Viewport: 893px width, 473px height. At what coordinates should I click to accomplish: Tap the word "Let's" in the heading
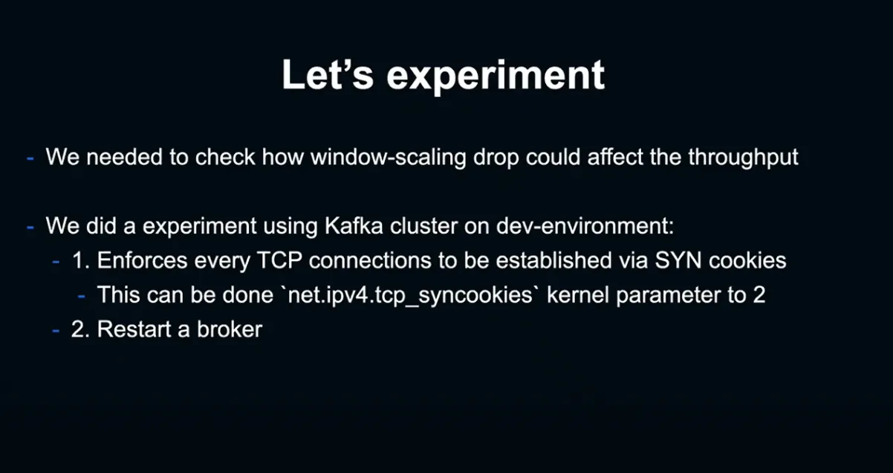[328, 74]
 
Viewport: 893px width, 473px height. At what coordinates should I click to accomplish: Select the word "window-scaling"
[389, 157]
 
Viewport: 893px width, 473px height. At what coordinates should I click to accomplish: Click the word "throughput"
[743, 157]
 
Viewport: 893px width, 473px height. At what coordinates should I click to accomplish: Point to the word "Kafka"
[354, 226]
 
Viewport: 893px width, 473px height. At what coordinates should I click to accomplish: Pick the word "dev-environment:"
[585, 226]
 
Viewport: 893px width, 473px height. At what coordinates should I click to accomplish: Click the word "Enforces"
[142, 260]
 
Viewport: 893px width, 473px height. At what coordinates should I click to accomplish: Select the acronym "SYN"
[678, 260]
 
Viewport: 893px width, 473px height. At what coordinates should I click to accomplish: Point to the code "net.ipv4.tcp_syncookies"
[410, 296]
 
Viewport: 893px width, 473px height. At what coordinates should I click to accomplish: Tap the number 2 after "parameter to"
[759, 295]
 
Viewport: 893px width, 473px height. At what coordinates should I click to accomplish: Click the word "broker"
[230, 329]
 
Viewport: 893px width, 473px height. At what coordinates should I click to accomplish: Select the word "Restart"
[134, 329]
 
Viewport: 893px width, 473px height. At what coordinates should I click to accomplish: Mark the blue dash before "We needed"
[30, 158]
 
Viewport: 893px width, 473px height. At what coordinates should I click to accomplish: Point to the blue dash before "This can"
[81, 297]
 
